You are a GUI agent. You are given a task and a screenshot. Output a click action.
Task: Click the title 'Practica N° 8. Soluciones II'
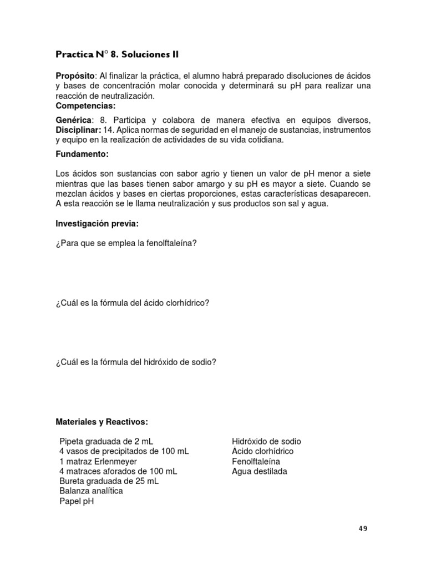click(117, 54)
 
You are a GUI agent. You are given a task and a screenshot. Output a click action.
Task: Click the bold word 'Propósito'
click(75, 76)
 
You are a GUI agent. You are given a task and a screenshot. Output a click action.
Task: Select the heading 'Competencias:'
click(85, 106)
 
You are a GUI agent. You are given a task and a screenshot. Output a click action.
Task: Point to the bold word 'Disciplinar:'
click(78, 130)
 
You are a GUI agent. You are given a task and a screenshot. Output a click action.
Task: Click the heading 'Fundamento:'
click(82, 154)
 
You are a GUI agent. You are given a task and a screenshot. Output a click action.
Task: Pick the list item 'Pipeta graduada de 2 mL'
click(106, 442)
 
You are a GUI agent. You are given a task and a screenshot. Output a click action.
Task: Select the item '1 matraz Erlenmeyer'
click(98, 462)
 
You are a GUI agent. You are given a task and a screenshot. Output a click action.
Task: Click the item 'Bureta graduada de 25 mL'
click(109, 481)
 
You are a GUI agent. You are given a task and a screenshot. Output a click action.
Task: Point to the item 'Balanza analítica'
click(91, 491)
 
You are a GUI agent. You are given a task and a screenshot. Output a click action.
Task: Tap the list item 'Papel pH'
click(77, 501)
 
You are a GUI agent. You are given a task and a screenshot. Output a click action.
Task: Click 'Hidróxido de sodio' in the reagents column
click(266, 442)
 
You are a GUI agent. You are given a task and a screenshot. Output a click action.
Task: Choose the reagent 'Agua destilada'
click(260, 472)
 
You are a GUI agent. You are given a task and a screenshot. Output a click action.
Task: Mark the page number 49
click(363, 528)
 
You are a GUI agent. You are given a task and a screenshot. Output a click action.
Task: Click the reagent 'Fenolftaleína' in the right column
click(256, 462)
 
